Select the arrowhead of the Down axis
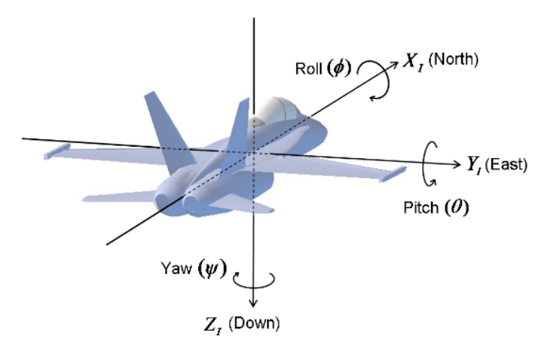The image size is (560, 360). [x=256, y=301]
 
